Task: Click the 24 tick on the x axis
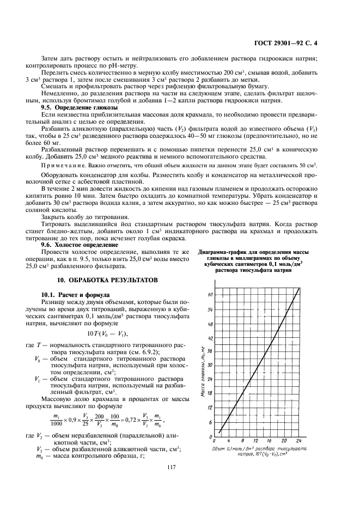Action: pyautogui.click(x=298, y=441)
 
